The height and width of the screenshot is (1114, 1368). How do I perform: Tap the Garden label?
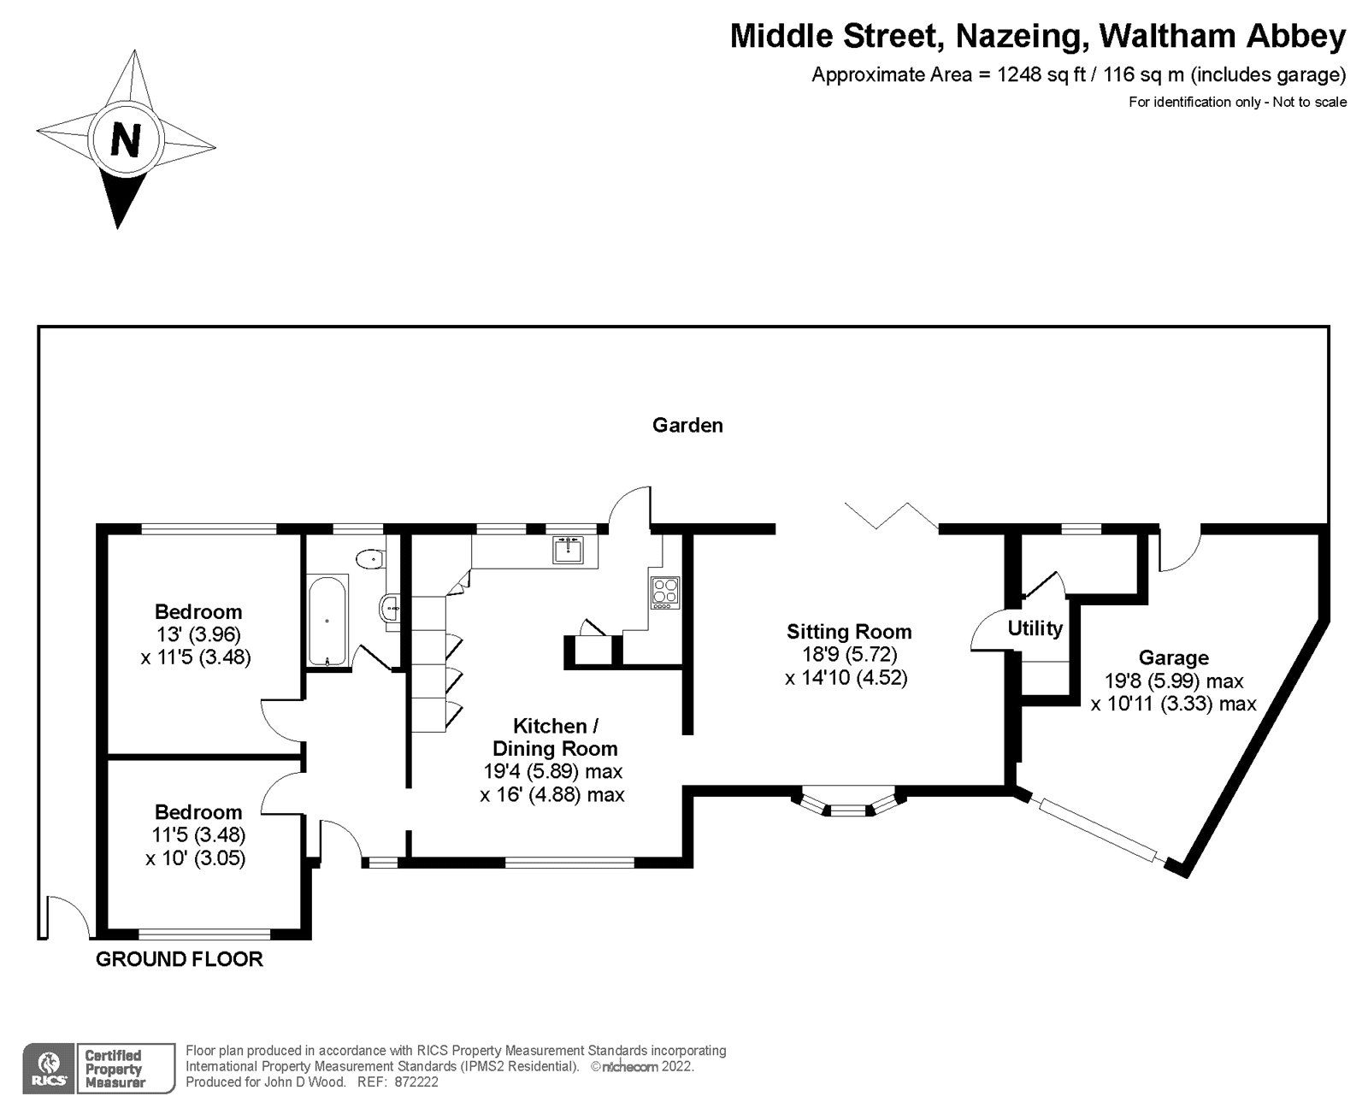[x=687, y=425]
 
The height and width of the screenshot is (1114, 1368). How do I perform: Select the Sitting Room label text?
[x=849, y=632]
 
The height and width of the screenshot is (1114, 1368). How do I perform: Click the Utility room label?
[x=1035, y=628]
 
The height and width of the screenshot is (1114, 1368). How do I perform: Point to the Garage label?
[x=1173, y=657]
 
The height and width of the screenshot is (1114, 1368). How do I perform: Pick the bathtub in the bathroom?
[x=327, y=620]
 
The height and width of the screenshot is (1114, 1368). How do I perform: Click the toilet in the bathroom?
[x=370, y=559]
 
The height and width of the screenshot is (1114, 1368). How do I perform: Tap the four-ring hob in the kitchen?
[x=664, y=591]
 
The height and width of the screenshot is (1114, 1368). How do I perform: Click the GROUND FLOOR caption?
[x=179, y=959]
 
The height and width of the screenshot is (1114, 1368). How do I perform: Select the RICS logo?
[x=45, y=1068]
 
